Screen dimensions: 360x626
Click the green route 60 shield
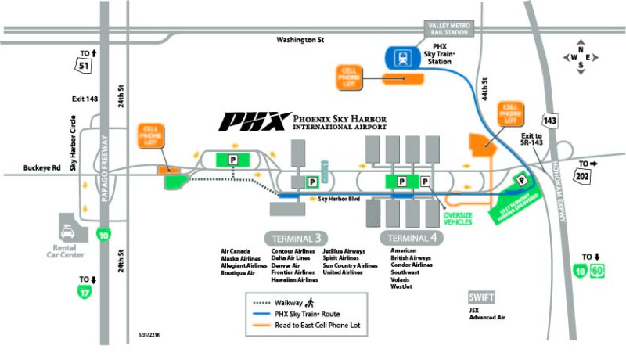[599, 272]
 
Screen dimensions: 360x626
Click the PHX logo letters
[251, 121]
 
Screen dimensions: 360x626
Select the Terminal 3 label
[296, 238]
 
